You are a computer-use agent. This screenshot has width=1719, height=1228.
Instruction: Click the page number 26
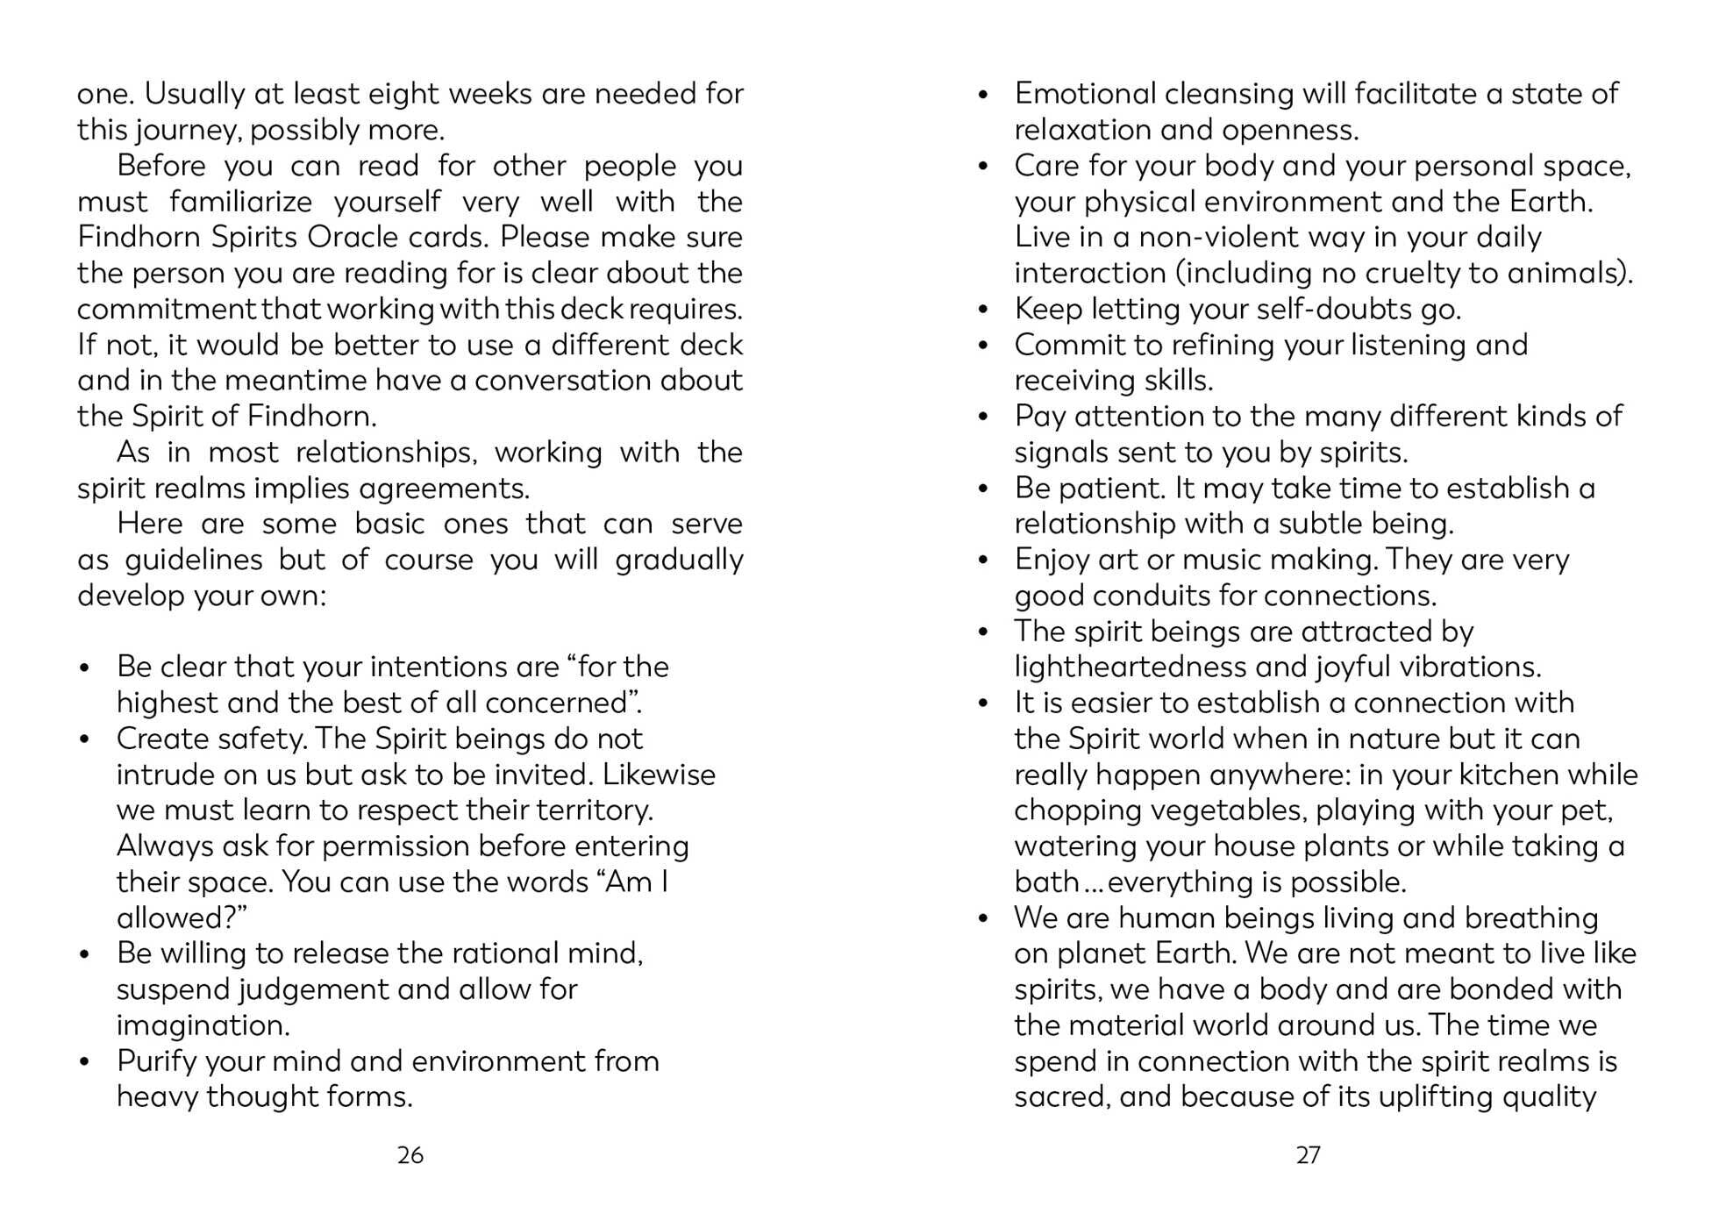(x=410, y=1155)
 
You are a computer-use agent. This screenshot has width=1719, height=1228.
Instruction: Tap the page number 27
(x=1308, y=1155)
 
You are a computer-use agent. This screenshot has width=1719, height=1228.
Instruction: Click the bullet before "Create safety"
(x=84, y=739)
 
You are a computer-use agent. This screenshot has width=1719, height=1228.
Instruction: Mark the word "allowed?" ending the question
(x=182, y=917)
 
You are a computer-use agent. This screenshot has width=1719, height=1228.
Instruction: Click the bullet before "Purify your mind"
(x=84, y=1061)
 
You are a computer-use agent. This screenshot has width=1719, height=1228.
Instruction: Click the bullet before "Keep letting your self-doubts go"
(x=983, y=310)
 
